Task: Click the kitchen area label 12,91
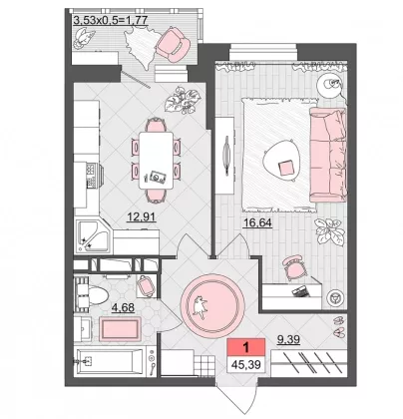coord(142,217)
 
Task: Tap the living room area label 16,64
coord(257,222)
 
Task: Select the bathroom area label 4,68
coord(124,307)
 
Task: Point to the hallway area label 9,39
coord(288,339)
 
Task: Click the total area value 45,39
coord(246,365)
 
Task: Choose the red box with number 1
coord(246,348)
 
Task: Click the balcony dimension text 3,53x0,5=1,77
coord(110,21)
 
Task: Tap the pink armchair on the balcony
coord(173,45)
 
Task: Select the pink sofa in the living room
coord(328,155)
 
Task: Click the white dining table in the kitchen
coord(156,161)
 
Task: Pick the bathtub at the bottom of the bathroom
coord(111,361)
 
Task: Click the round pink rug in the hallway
coord(212,304)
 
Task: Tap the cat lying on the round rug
coord(200,306)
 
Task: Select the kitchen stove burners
coord(91,176)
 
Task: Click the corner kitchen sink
coord(92,234)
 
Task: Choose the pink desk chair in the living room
coord(294,267)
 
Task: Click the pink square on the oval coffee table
coord(286,169)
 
